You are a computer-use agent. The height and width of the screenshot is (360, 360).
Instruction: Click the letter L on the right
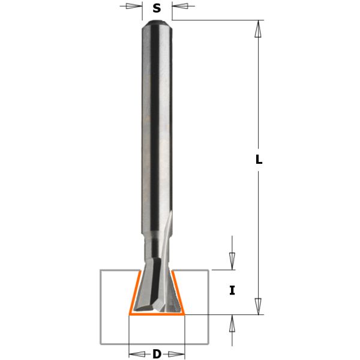tap(259, 160)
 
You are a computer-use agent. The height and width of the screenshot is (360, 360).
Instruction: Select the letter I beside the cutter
tap(232, 291)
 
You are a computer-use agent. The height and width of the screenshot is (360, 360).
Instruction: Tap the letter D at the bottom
tap(157, 354)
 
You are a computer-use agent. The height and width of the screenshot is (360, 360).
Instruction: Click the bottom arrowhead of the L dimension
tap(259, 306)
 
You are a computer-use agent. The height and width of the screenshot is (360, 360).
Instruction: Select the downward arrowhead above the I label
tap(232, 262)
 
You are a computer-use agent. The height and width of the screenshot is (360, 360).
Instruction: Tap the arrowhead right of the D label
tap(178, 352)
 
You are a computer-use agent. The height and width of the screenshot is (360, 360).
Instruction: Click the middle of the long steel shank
tap(157, 132)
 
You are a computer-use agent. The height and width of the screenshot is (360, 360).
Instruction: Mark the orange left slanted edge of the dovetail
tap(134, 292)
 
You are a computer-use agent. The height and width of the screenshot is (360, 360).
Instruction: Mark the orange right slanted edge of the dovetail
tap(179, 292)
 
